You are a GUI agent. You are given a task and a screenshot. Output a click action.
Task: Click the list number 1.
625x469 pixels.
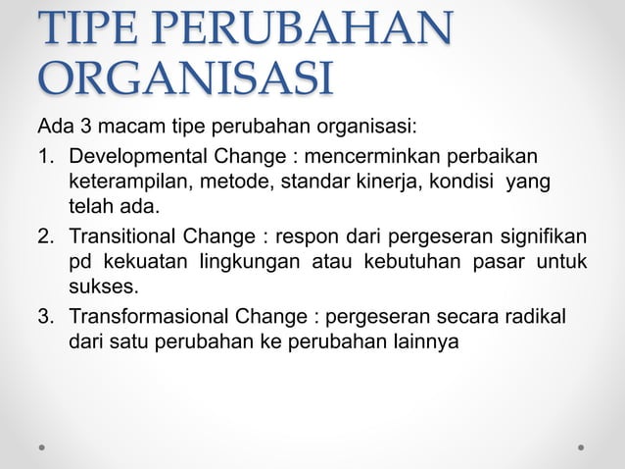point(44,158)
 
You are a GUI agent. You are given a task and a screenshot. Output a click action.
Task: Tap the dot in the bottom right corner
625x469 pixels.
point(581,447)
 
